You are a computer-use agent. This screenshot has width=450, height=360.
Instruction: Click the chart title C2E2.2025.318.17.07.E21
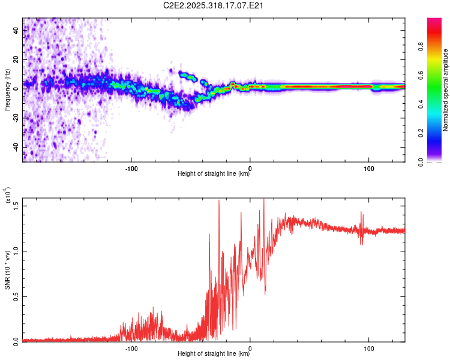214,6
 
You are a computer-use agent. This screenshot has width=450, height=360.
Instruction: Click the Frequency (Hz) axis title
7,90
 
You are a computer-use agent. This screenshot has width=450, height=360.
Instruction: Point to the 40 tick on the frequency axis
16,29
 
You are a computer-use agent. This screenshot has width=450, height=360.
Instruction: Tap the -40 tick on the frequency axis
16,147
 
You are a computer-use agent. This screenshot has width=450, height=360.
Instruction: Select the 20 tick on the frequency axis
16,59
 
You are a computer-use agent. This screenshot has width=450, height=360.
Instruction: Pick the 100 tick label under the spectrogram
368,168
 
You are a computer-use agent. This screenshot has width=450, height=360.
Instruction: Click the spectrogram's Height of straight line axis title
214,175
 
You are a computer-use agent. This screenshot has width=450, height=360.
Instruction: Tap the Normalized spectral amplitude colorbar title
446,90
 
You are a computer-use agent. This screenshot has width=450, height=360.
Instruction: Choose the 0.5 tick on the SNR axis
16,296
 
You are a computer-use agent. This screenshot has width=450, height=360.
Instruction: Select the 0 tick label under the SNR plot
250,347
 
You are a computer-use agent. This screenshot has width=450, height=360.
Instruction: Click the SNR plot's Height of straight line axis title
214,354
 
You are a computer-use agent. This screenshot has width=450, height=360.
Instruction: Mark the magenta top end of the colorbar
434,20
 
